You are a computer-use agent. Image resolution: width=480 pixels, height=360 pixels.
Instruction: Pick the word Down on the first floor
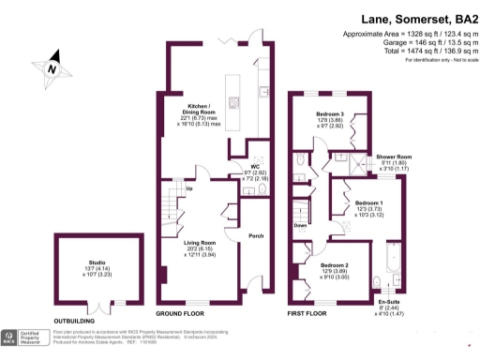301,226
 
